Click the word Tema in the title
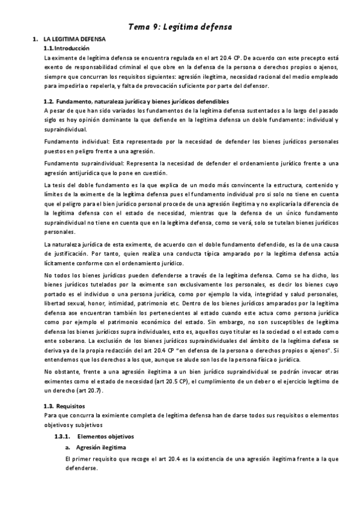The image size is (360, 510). [x=141, y=26]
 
